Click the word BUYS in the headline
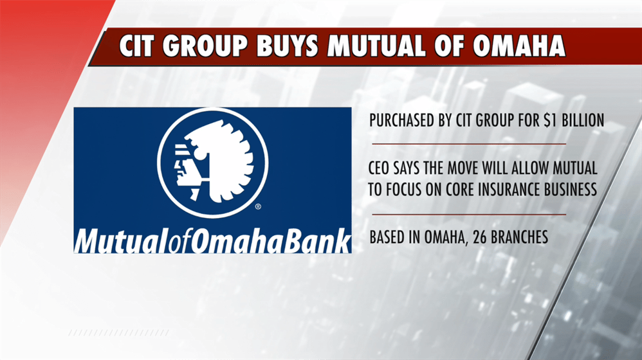click(287, 46)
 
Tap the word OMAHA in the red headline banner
click(519, 46)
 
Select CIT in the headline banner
click(136, 46)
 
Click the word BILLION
click(583, 120)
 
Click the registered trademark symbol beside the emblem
click(258, 206)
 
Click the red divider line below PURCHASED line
click(469, 144)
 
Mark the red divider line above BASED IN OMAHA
click(469, 214)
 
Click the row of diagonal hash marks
click(118, 333)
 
